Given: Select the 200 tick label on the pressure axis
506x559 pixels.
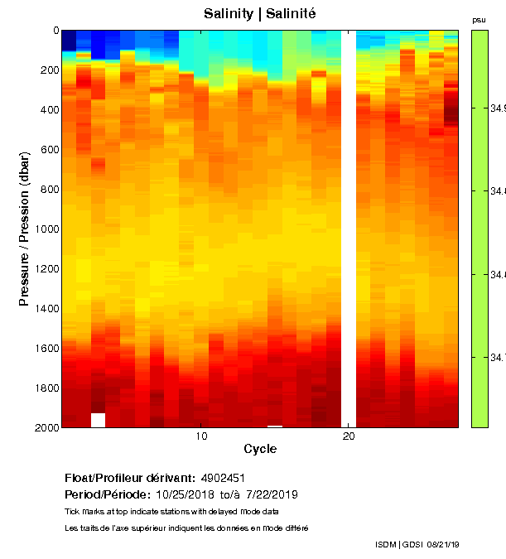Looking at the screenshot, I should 48,70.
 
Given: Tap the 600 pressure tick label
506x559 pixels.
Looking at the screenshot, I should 48,150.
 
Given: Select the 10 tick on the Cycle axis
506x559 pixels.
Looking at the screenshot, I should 200,436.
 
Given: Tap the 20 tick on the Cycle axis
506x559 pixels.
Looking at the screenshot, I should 349,436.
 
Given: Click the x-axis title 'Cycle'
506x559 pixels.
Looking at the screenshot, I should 260,450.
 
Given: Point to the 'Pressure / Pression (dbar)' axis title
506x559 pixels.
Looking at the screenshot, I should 25,229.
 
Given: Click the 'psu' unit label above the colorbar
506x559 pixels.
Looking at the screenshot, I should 479,19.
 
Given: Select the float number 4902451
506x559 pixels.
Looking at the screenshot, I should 222,479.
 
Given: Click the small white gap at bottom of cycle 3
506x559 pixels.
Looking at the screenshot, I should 98,420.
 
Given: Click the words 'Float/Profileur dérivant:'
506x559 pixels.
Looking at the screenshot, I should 129,479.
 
